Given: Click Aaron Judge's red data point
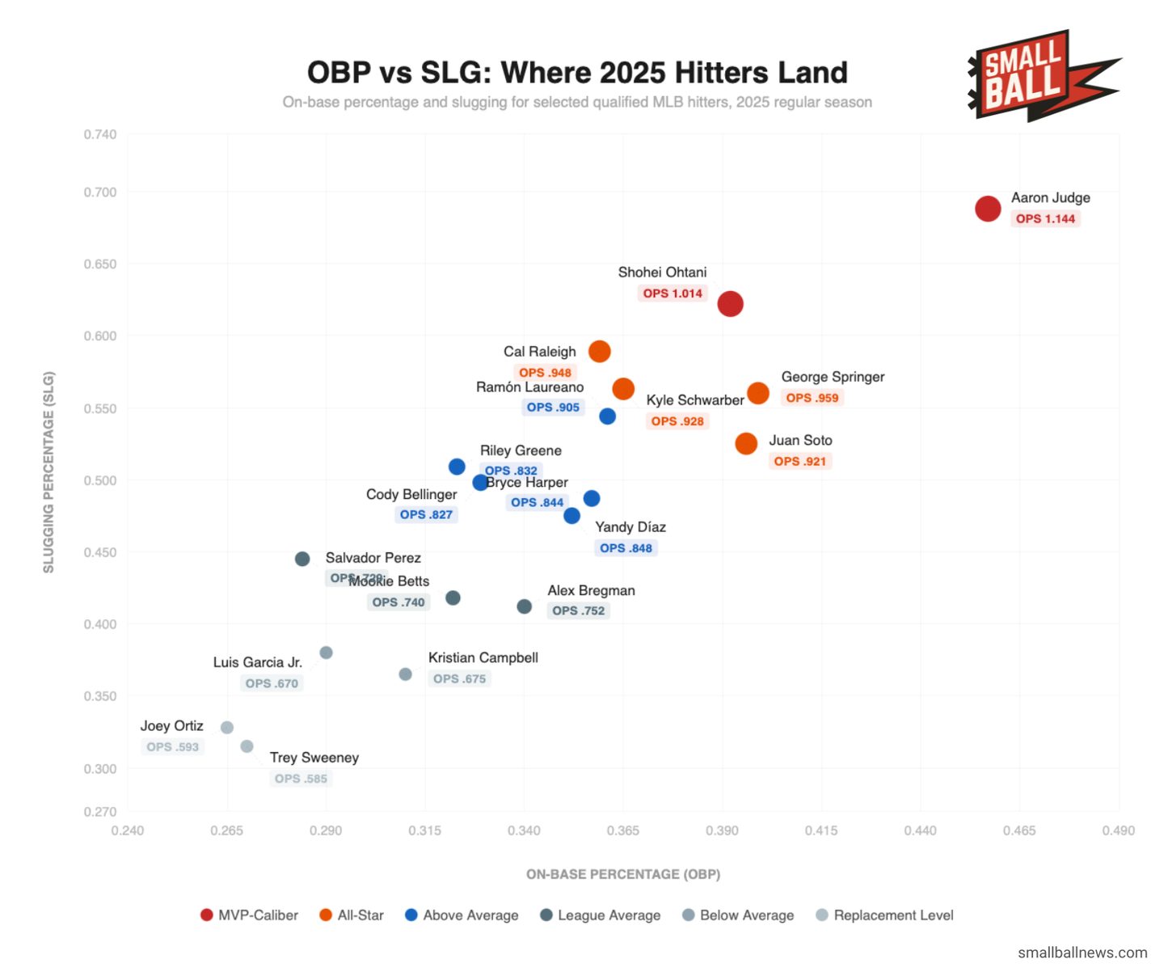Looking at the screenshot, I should (987, 209).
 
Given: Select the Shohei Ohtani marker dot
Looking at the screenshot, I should (730, 304).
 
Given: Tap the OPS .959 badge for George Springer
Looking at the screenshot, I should (812, 398).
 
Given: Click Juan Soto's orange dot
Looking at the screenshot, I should (746, 443).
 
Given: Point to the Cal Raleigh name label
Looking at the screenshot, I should (539, 352).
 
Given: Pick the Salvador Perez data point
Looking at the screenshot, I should (302, 559).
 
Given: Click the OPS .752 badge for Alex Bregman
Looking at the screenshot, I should (578, 611).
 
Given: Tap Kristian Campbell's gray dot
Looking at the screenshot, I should (405, 674).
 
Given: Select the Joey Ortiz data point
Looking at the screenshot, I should (227, 728).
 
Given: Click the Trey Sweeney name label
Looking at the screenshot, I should (314, 758).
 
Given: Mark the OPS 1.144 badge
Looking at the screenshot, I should (1045, 218).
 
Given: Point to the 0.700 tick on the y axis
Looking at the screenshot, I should (100, 192).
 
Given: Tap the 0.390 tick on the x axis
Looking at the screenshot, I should (722, 830).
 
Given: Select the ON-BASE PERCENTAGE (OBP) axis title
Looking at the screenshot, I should (622, 874).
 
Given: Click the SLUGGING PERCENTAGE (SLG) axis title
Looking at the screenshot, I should (48, 472).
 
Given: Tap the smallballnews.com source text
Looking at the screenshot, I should (1082, 953).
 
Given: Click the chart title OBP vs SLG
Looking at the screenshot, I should (577, 73).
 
